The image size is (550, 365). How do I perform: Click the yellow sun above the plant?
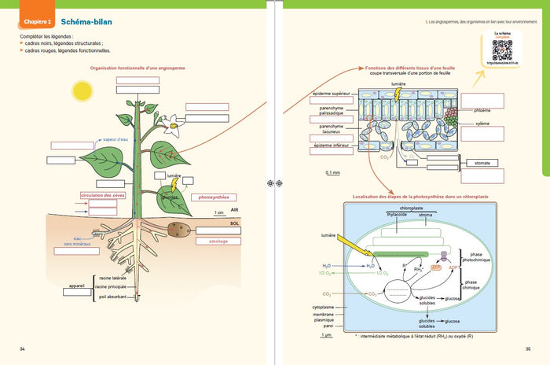click(x=82, y=92)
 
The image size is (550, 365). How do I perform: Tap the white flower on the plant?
click(x=170, y=121)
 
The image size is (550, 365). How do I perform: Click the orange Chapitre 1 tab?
click(x=35, y=23)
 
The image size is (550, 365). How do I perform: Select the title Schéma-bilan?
click(x=82, y=23)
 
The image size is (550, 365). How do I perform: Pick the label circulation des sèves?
click(x=102, y=195)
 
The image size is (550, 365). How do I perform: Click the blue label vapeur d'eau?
click(x=115, y=139)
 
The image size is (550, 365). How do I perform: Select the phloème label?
click(x=483, y=111)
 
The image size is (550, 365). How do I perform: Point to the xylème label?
click(x=482, y=124)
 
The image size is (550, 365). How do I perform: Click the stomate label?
click(x=482, y=163)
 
